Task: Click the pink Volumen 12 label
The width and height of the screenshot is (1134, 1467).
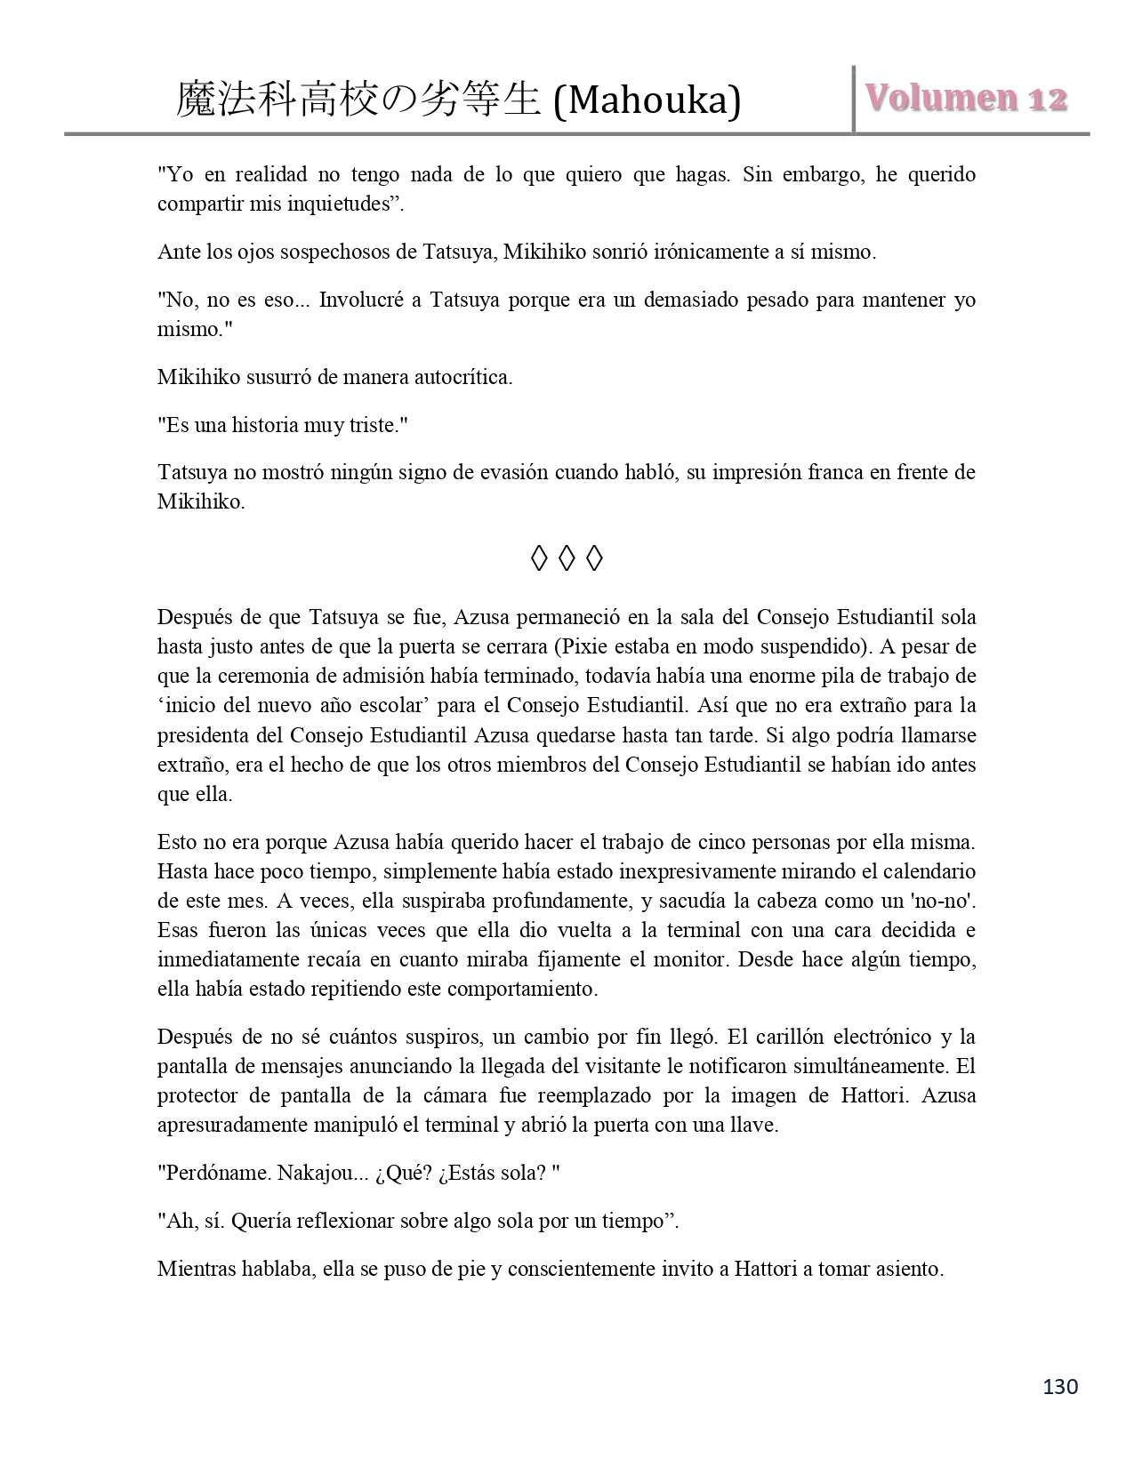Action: (x=966, y=98)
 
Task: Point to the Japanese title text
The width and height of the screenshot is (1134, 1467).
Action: (x=358, y=100)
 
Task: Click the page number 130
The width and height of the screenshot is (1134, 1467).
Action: (x=1058, y=1386)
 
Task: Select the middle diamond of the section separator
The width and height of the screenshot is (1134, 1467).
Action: (x=567, y=558)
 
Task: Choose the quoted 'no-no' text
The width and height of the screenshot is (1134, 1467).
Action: (x=945, y=901)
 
